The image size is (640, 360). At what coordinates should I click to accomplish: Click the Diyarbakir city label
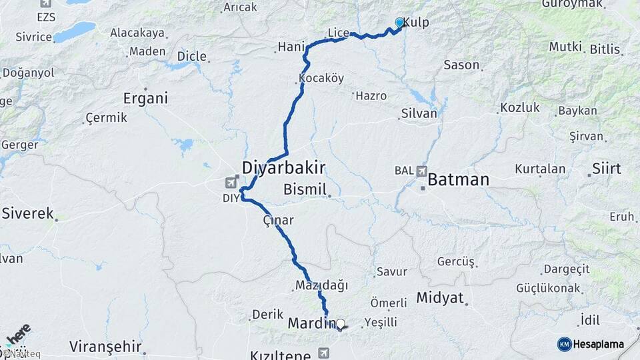(x=283, y=167)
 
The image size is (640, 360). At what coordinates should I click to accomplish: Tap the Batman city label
(x=458, y=179)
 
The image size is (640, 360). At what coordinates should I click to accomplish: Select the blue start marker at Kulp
(x=399, y=23)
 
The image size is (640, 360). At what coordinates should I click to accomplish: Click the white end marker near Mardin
(x=340, y=324)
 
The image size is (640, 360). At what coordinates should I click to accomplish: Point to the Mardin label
(x=310, y=323)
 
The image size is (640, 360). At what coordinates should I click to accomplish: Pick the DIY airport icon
(x=232, y=182)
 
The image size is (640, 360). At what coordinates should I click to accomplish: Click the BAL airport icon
(x=421, y=171)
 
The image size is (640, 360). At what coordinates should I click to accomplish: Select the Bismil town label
(x=305, y=190)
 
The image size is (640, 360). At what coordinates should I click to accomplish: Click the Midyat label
(x=439, y=298)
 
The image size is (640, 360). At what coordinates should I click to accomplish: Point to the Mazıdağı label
(x=321, y=285)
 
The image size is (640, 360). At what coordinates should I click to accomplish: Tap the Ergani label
(x=145, y=99)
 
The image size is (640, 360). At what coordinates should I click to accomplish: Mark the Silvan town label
(x=419, y=113)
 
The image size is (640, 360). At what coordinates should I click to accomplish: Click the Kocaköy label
(x=321, y=79)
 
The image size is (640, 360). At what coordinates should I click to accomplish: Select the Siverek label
(x=27, y=213)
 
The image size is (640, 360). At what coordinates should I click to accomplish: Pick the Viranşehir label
(x=105, y=346)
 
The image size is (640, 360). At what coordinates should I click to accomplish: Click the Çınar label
(x=278, y=220)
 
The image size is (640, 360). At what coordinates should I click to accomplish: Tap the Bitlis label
(x=604, y=49)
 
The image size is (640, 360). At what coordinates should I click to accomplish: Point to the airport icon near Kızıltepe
(x=324, y=352)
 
